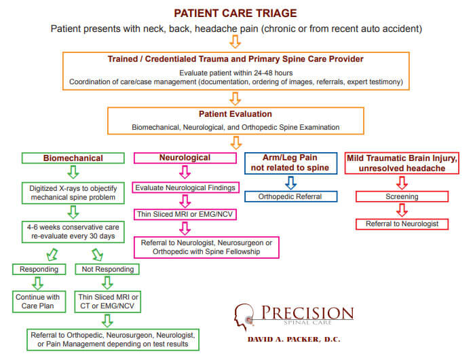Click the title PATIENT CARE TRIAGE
tap(235, 13)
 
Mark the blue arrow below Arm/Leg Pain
tap(290, 183)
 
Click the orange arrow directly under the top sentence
tap(235, 41)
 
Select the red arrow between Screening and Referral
tap(402, 210)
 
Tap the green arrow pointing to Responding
tap(52, 255)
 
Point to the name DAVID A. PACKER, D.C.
tap(294, 340)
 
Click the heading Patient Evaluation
tap(235, 114)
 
